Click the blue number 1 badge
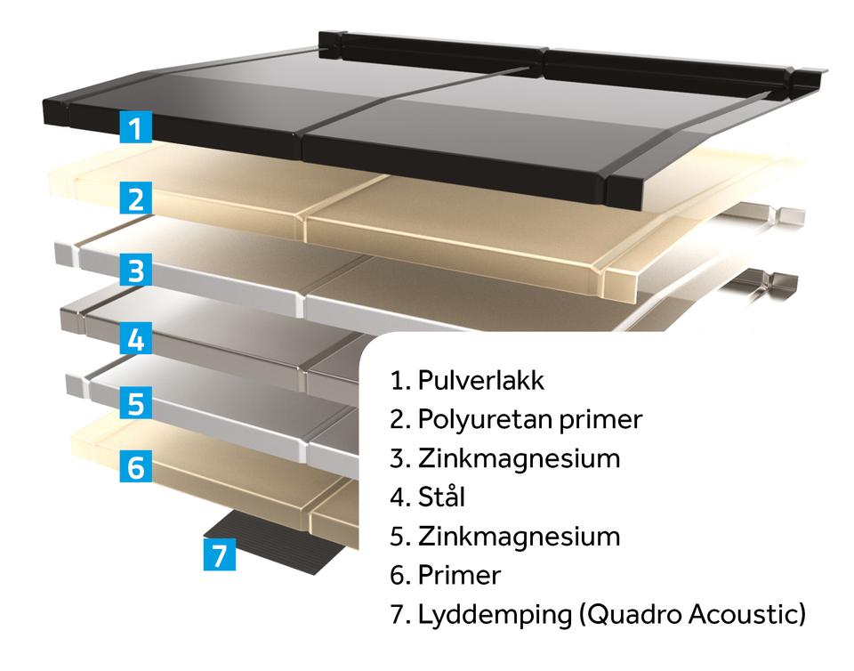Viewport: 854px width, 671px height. click(x=135, y=127)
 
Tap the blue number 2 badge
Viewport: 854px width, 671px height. click(x=135, y=198)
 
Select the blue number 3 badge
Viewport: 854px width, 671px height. click(x=135, y=270)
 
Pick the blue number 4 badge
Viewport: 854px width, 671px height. click(x=135, y=339)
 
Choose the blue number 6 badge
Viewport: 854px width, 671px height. click(x=135, y=466)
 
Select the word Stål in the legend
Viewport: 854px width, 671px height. click(x=441, y=497)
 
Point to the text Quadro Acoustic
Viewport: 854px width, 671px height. click(x=695, y=614)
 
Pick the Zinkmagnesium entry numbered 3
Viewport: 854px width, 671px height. click(x=504, y=458)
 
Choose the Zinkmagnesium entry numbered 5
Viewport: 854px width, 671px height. click(x=504, y=537)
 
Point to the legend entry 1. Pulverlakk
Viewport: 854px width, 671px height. click(x=467, y=381)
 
